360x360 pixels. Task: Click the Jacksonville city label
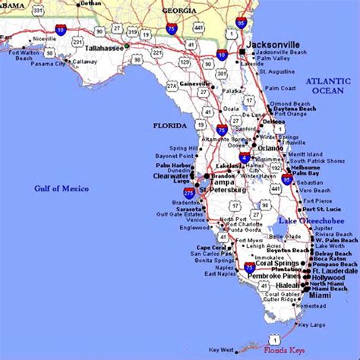click(278, 44)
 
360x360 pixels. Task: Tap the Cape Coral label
click(212, 247)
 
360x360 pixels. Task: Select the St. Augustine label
click(277, 72)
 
